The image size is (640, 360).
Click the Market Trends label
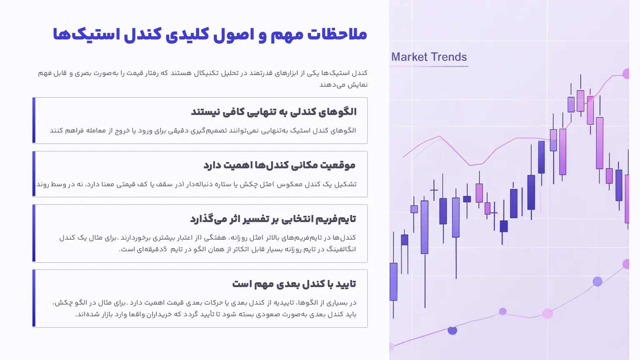point(429,57)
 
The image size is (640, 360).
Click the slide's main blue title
point(210,35)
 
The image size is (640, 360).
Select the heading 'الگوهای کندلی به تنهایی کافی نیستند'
point(274,112)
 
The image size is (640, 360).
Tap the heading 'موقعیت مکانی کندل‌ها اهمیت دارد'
point(279,165)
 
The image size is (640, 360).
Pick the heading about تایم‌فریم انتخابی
point(273,219)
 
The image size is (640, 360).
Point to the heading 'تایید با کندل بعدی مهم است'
point(294,284)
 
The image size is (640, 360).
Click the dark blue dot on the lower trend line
point(452,330)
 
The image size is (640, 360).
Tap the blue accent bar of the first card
point(34,120)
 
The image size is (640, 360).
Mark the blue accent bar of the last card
point(34,298)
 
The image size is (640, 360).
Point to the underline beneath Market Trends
point(430,66)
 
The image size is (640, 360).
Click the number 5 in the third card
point(165,249)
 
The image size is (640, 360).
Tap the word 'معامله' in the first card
point(96,130)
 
